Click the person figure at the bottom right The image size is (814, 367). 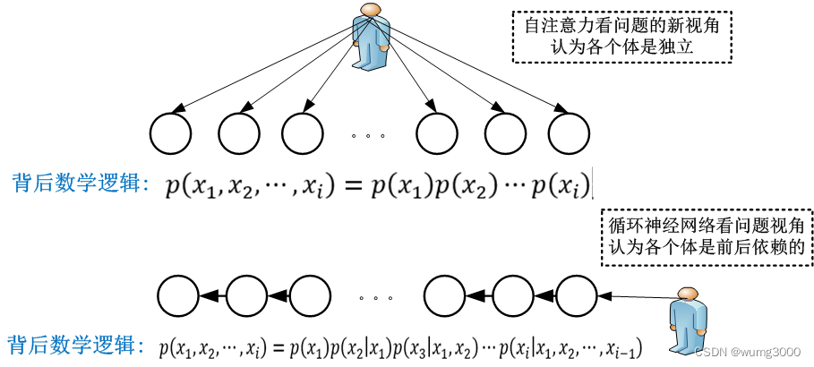click(x=688, y=320)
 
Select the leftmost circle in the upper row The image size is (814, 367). click(x=169, y=135)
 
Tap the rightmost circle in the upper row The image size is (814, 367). click(x=569, y=135)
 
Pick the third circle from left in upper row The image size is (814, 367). click(x=302, y=135)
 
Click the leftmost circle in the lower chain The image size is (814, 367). click(x=178, y=294)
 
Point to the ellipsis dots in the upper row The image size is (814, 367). click(x=368, y=136)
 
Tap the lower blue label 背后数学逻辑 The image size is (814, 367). click(x=72, y=345)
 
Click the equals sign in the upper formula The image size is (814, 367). click(x=351, y=186)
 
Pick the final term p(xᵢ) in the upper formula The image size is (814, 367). click(x=561, y=186)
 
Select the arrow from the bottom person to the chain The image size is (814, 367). click(x=636, y=294)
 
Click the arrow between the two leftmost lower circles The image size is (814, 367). click(x=212, y=294)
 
